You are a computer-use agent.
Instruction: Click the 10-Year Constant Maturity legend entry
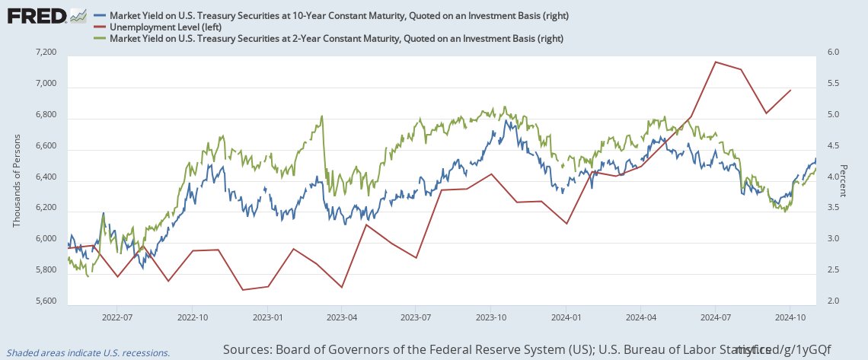click(335, 15)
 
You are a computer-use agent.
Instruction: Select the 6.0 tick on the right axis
click(833, 53)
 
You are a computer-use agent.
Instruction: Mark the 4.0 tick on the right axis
click(833, 177)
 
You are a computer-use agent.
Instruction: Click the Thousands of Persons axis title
click(17, 177)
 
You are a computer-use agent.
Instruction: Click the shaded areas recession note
click(85, 352)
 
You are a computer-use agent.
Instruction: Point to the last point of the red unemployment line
click(791, 90)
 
